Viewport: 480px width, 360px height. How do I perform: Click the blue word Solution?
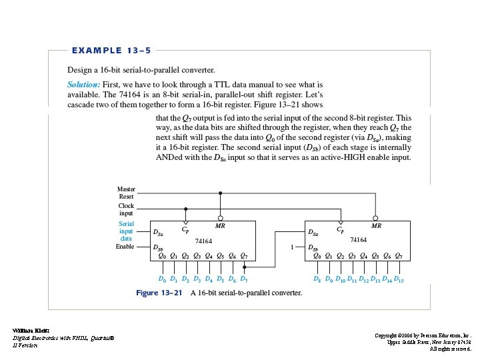coord(84,85)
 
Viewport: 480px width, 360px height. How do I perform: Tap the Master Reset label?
coord(126,193)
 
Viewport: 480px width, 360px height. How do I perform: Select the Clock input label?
coord(126,209)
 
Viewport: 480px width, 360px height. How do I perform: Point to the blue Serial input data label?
coord(126,231)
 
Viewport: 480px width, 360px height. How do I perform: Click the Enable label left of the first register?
coord(125,247)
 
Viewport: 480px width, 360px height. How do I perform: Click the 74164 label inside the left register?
coord(203,241)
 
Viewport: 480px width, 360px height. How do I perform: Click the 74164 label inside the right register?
coord(359,239)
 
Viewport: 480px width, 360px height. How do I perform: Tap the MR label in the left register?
coord(220,227)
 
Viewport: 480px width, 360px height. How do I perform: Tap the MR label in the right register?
coord(376,227)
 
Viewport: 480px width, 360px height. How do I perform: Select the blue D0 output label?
coord(162,279)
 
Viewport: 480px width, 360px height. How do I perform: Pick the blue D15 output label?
coord(399,279)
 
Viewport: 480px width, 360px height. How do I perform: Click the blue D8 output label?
coord(317,279)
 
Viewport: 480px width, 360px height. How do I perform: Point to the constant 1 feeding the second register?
coord(292,247)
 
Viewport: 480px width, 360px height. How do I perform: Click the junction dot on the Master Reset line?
coord(221,193)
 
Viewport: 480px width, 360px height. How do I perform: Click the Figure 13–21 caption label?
coord(157,292)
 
